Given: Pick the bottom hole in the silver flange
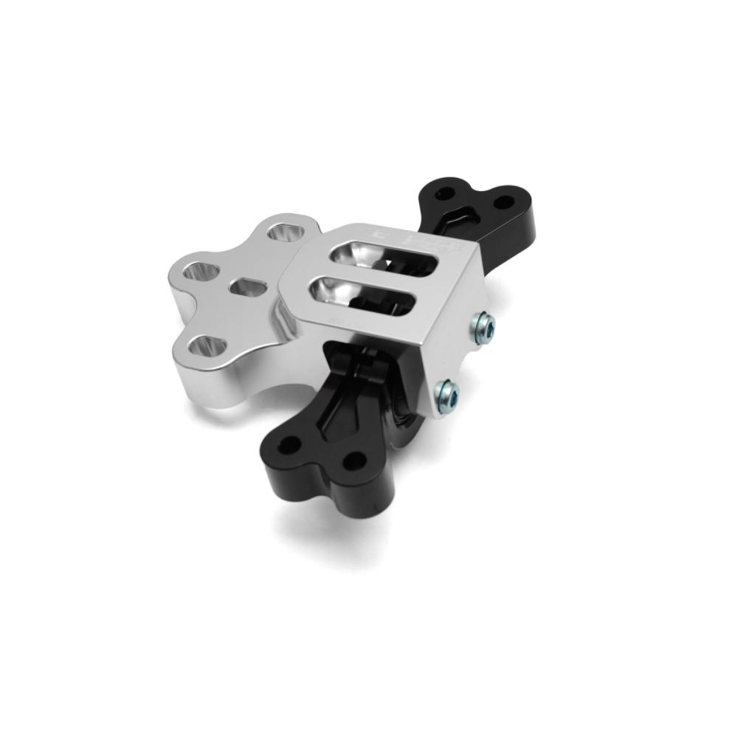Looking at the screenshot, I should coord(206,345).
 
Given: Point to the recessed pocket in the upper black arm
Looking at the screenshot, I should coord(463,213).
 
